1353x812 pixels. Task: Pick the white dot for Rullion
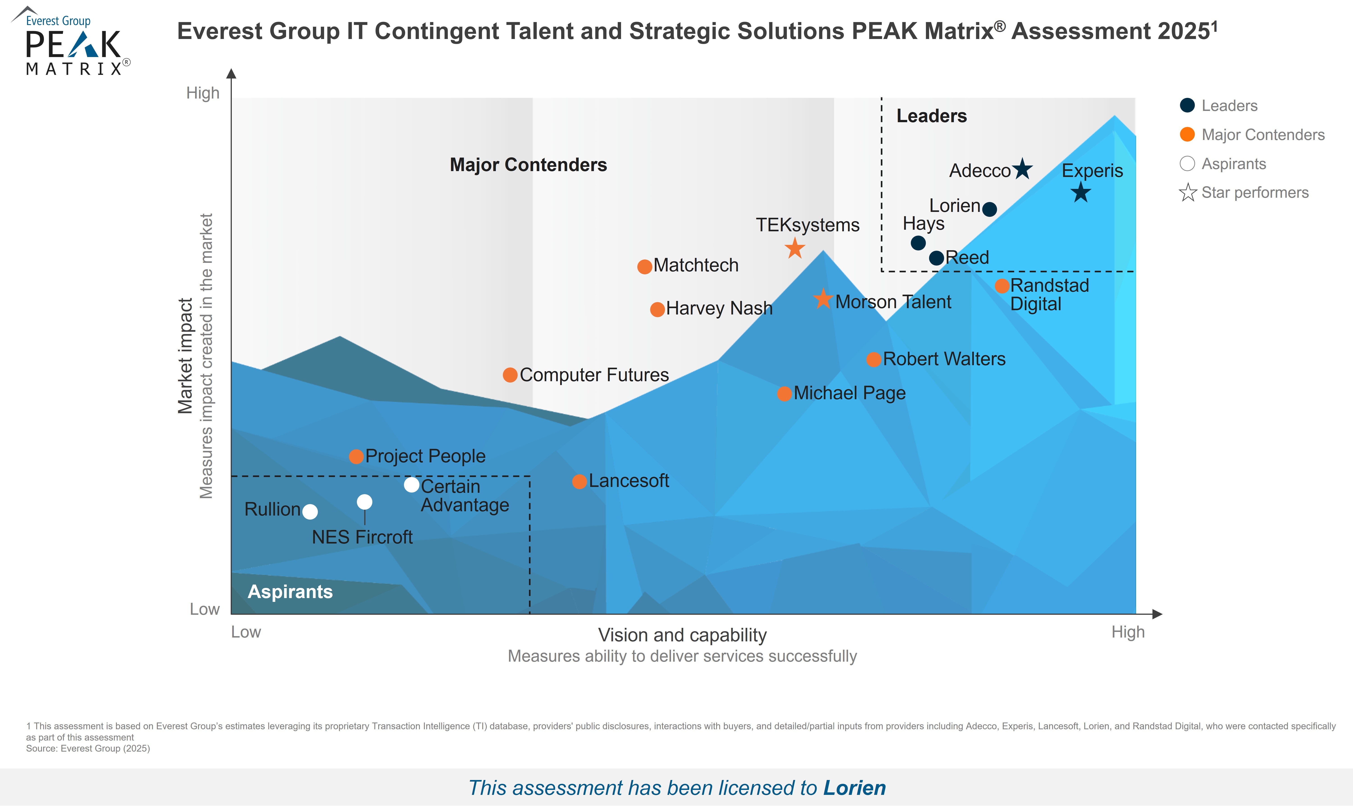[310, 512]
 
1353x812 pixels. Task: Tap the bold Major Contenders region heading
[528, 165]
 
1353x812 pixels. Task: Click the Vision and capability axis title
[682, 635]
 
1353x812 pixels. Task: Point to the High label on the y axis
[203, 93]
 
